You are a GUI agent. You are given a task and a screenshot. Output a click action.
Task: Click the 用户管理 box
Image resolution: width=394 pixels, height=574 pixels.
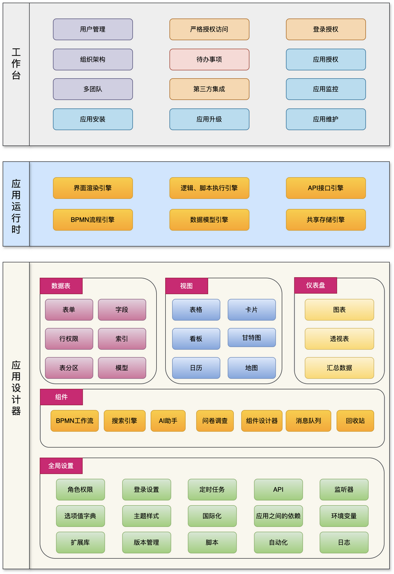[93, 30]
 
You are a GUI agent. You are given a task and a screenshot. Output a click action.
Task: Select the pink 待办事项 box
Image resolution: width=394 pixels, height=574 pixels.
[209, 60]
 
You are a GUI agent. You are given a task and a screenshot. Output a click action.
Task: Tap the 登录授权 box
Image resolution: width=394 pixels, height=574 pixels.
[326, 30]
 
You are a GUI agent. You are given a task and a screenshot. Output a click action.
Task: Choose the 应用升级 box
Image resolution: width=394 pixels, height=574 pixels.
[209, 120]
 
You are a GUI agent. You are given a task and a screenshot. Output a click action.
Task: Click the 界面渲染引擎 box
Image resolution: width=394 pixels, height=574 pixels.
[93, 188]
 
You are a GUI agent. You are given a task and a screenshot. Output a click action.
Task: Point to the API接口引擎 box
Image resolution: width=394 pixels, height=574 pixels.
[326, 188]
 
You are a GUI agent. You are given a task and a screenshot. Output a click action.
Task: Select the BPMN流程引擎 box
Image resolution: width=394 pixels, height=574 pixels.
[93, 220]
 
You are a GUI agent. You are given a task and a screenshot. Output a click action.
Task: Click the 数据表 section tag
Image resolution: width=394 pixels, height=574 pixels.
[61, 286]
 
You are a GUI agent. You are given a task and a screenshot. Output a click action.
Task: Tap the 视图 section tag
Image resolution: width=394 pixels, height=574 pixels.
[186, 286]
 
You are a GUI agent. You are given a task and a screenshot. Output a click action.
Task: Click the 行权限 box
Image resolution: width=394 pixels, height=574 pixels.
[69, 339]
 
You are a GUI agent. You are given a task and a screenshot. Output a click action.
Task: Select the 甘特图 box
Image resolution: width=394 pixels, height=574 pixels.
[252, 338]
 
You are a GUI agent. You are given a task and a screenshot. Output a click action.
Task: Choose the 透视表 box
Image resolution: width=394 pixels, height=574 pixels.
[339, 339]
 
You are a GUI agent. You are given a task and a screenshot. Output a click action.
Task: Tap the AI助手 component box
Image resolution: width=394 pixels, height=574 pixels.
[168, 421]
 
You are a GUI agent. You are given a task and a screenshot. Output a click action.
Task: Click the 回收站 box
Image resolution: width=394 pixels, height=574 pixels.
[355, 421]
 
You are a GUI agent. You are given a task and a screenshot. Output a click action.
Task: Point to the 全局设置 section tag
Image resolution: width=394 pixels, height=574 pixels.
[61, 466]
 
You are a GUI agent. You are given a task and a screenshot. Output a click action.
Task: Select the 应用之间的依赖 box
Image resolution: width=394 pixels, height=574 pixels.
[279, 516]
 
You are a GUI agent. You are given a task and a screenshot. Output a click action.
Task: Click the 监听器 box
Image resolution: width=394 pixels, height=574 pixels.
[344, 490]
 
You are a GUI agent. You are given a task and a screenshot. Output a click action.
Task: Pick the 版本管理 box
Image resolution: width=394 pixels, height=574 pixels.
[147, 543]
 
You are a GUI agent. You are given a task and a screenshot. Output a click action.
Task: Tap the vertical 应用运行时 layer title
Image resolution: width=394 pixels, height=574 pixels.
[16, 204]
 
